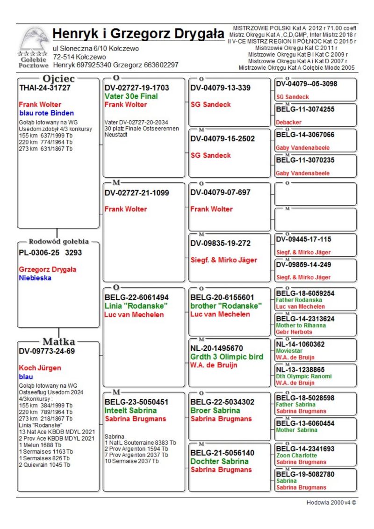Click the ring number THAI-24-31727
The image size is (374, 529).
pyautogui.click(x=45, y=88)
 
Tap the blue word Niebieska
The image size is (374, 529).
pyautogui.click(x=35, y=278)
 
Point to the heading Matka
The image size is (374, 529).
pyautogui.click(x=58, y=341)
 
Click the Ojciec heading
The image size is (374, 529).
pyautogui.click(x=58, y=78)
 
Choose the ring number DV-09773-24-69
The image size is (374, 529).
pyautogui.click(x=47, y=351)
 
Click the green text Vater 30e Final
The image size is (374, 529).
pyautogui.click(x=131, y=96)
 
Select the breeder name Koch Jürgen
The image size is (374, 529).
pyautogui.click(x=40, y=368)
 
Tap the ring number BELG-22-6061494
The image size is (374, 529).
pyautogui.click(x=137, y=297)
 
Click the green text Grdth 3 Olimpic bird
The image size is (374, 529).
pyautogui.click(x=227, y=357)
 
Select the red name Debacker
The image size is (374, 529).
pyautogui.click(x=288, y=122)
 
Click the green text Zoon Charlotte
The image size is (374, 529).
pyautogui.click(x=296, y=455)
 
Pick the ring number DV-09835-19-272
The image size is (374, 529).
pyautogui.click(x=220, y=244)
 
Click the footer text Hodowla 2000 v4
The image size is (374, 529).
pyautogui.click(x=331, y=503)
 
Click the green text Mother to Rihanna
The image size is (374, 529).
pyautogui.click(x=301, y=326)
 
